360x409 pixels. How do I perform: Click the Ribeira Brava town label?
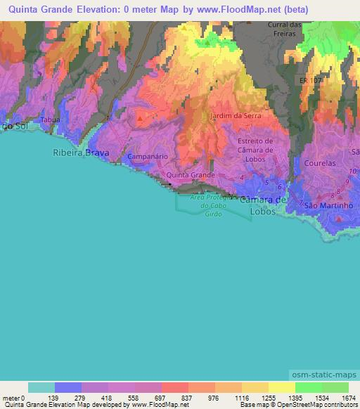click(x=82, y=151)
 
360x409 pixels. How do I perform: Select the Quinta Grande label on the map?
click(x=190, y=174)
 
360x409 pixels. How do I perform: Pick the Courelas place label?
click(x=320, y=163)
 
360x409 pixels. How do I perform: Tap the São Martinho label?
click(x=328, y=205)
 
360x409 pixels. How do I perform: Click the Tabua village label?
click(x=50, y=120)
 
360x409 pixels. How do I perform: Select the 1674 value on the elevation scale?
click(x=348, y=398)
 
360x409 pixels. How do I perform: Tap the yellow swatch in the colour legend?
click(x=281, y=387)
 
